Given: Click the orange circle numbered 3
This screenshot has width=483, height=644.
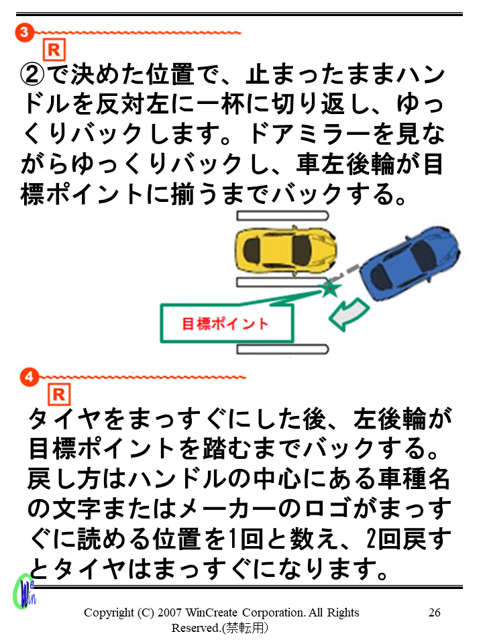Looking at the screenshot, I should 24,32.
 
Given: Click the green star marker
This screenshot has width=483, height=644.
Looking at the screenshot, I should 329,288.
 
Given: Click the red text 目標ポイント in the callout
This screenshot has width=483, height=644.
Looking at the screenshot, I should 225,324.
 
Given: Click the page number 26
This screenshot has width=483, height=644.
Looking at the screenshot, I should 434,612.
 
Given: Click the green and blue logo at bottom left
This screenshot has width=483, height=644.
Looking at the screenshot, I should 25,591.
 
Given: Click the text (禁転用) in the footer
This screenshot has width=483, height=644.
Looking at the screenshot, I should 246,629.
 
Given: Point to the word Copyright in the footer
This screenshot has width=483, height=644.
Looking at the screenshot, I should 109,612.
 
